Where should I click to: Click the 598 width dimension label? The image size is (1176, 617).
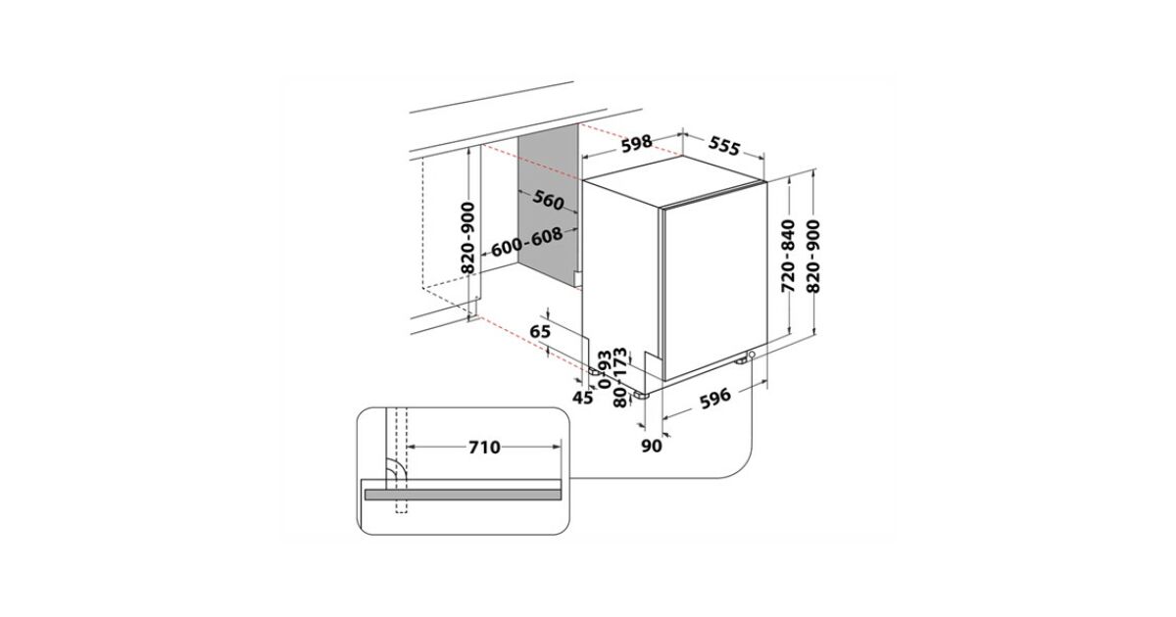(637, 143)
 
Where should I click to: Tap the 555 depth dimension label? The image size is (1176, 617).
(724, 146)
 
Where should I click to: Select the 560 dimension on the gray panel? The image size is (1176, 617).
(548, 200)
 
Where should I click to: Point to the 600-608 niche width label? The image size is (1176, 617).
(526, 242)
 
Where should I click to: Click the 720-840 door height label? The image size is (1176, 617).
(788, 256)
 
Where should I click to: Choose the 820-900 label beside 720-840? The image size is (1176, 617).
(812, 256)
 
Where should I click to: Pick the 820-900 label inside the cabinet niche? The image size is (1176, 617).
(467, 238)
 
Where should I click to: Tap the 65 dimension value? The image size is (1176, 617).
(540, 332)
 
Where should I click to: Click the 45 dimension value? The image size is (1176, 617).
(583, 399)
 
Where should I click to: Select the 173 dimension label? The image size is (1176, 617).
(620, 361)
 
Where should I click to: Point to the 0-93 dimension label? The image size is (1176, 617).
(606, 369)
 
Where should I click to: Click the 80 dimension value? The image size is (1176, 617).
(620, 398)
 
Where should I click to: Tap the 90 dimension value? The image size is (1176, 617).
(652, 446)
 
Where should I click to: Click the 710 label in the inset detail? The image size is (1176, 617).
(484, 448)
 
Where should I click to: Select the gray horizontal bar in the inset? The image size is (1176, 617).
(463, 495)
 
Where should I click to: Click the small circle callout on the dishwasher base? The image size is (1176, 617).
(753, 355)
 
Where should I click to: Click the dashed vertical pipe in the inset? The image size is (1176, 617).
(401, 460)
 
